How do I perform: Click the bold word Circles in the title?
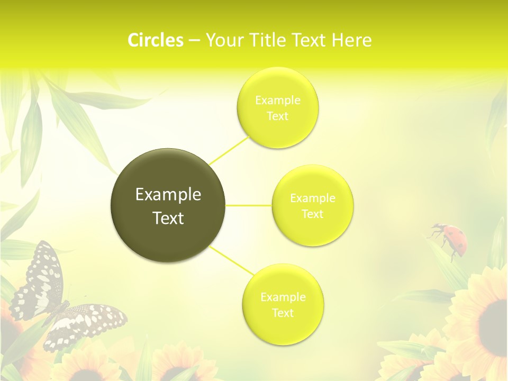pyautogui.click(x=156, y=40)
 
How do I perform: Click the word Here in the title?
pyautogui.click(x=351, y=40)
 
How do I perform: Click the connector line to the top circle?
pyautogui.click(x=229, y=150)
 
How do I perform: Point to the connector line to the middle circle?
pyautogui.click(x=248, y=205)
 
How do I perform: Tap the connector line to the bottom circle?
pyautogui.click(x=229, y=260)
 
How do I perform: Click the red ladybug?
pyautogui.click(x=449, y=237)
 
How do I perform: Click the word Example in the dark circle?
pyautogui.click(x=168, y=195)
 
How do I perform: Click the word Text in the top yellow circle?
pyautogui.click(x=277, y=116)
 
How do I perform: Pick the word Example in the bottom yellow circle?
pyautogui.click(x=283, y=297)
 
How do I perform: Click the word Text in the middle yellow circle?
pyautogui.click(x=312, y=214)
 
